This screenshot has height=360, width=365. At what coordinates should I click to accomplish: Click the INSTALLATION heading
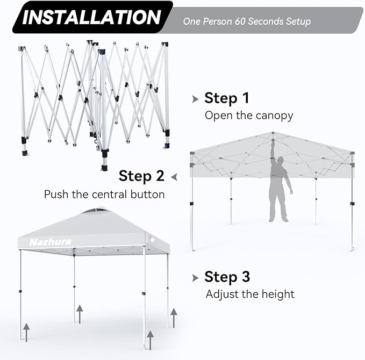point(92,17)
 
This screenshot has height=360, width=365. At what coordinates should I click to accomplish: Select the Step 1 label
point(227,98)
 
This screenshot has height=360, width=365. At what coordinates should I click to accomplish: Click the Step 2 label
point(141,176)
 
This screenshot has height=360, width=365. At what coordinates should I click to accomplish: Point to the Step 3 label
point(227,277)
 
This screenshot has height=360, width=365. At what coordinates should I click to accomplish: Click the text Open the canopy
point(249,115)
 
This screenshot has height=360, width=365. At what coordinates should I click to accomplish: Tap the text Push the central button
point(104,194)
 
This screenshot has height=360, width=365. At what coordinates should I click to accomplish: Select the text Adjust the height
point(250,294)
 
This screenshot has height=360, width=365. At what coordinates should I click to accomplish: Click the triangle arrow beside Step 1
point(195,99)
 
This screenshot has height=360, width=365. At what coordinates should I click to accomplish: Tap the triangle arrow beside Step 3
point(195,278)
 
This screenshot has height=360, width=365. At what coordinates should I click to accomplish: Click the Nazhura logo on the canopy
point(50,242)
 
